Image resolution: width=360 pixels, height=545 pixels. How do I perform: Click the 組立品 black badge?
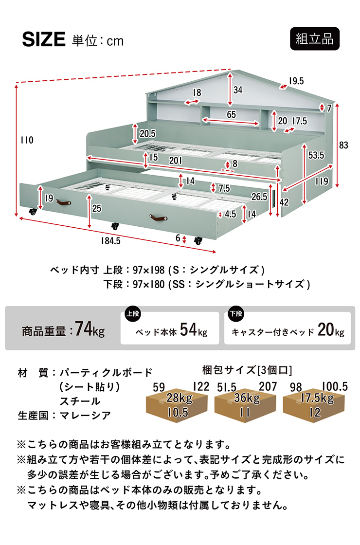point(314,38)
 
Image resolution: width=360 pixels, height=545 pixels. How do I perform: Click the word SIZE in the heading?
point(44,39)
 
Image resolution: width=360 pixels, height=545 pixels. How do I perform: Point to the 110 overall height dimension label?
point(27,140)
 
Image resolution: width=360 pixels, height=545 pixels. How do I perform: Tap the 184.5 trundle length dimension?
point(110,240)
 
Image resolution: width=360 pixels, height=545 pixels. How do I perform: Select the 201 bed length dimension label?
point(176,160)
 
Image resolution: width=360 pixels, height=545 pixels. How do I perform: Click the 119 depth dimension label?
point(322,181)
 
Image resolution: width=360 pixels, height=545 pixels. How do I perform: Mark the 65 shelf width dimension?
point(231,114)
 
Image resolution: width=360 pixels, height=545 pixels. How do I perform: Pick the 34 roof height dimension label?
point(238,90)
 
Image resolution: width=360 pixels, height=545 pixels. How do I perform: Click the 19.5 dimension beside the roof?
point(296,81)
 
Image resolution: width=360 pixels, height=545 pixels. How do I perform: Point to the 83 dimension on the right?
point(343,145)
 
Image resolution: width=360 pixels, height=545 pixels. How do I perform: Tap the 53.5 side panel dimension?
point(316,155)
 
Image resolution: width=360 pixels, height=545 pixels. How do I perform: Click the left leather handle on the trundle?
point(64,202)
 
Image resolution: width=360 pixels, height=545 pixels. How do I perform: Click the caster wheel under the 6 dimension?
point(198,240)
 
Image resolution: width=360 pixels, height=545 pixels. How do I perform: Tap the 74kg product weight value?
point(90,329)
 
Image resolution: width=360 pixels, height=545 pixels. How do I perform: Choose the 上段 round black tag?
point(133,314)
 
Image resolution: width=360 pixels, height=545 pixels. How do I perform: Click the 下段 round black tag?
point(236,314)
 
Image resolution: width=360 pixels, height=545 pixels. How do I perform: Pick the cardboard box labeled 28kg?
point(177,406)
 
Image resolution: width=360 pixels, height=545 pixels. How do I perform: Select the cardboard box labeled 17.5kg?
point(314,406)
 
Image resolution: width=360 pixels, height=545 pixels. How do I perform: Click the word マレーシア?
point(85,416)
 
